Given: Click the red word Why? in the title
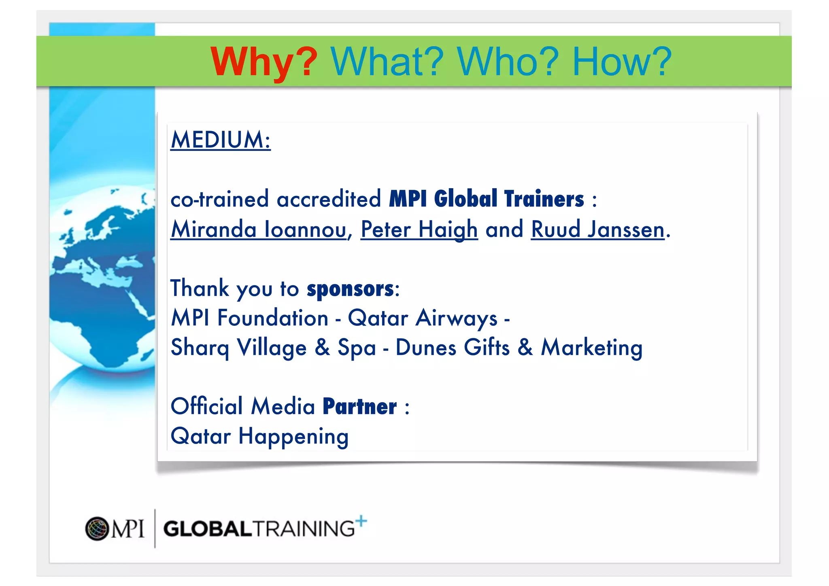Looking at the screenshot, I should tap(264, 62).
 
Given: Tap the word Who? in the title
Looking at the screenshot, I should tap(508, 62).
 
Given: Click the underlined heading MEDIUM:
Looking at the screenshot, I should tap(221, 140).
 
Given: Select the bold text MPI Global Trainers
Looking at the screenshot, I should tap(487, 199).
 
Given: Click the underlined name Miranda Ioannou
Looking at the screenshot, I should tap(259, 229).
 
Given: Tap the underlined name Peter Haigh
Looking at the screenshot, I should tap(419, 229).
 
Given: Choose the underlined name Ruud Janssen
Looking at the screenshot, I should tap(597, 229).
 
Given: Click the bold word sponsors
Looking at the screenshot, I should tap(350, 289).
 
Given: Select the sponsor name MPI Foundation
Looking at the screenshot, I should tap(249, 318).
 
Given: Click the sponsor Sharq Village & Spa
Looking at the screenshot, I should tap(273, 348).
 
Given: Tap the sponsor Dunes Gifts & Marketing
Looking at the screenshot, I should tap(519, 348).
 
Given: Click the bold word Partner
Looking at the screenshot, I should tap(359, 407).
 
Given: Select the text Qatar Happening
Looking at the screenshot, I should tap(259, 436).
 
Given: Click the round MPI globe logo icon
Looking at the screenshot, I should tap(97, 529).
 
